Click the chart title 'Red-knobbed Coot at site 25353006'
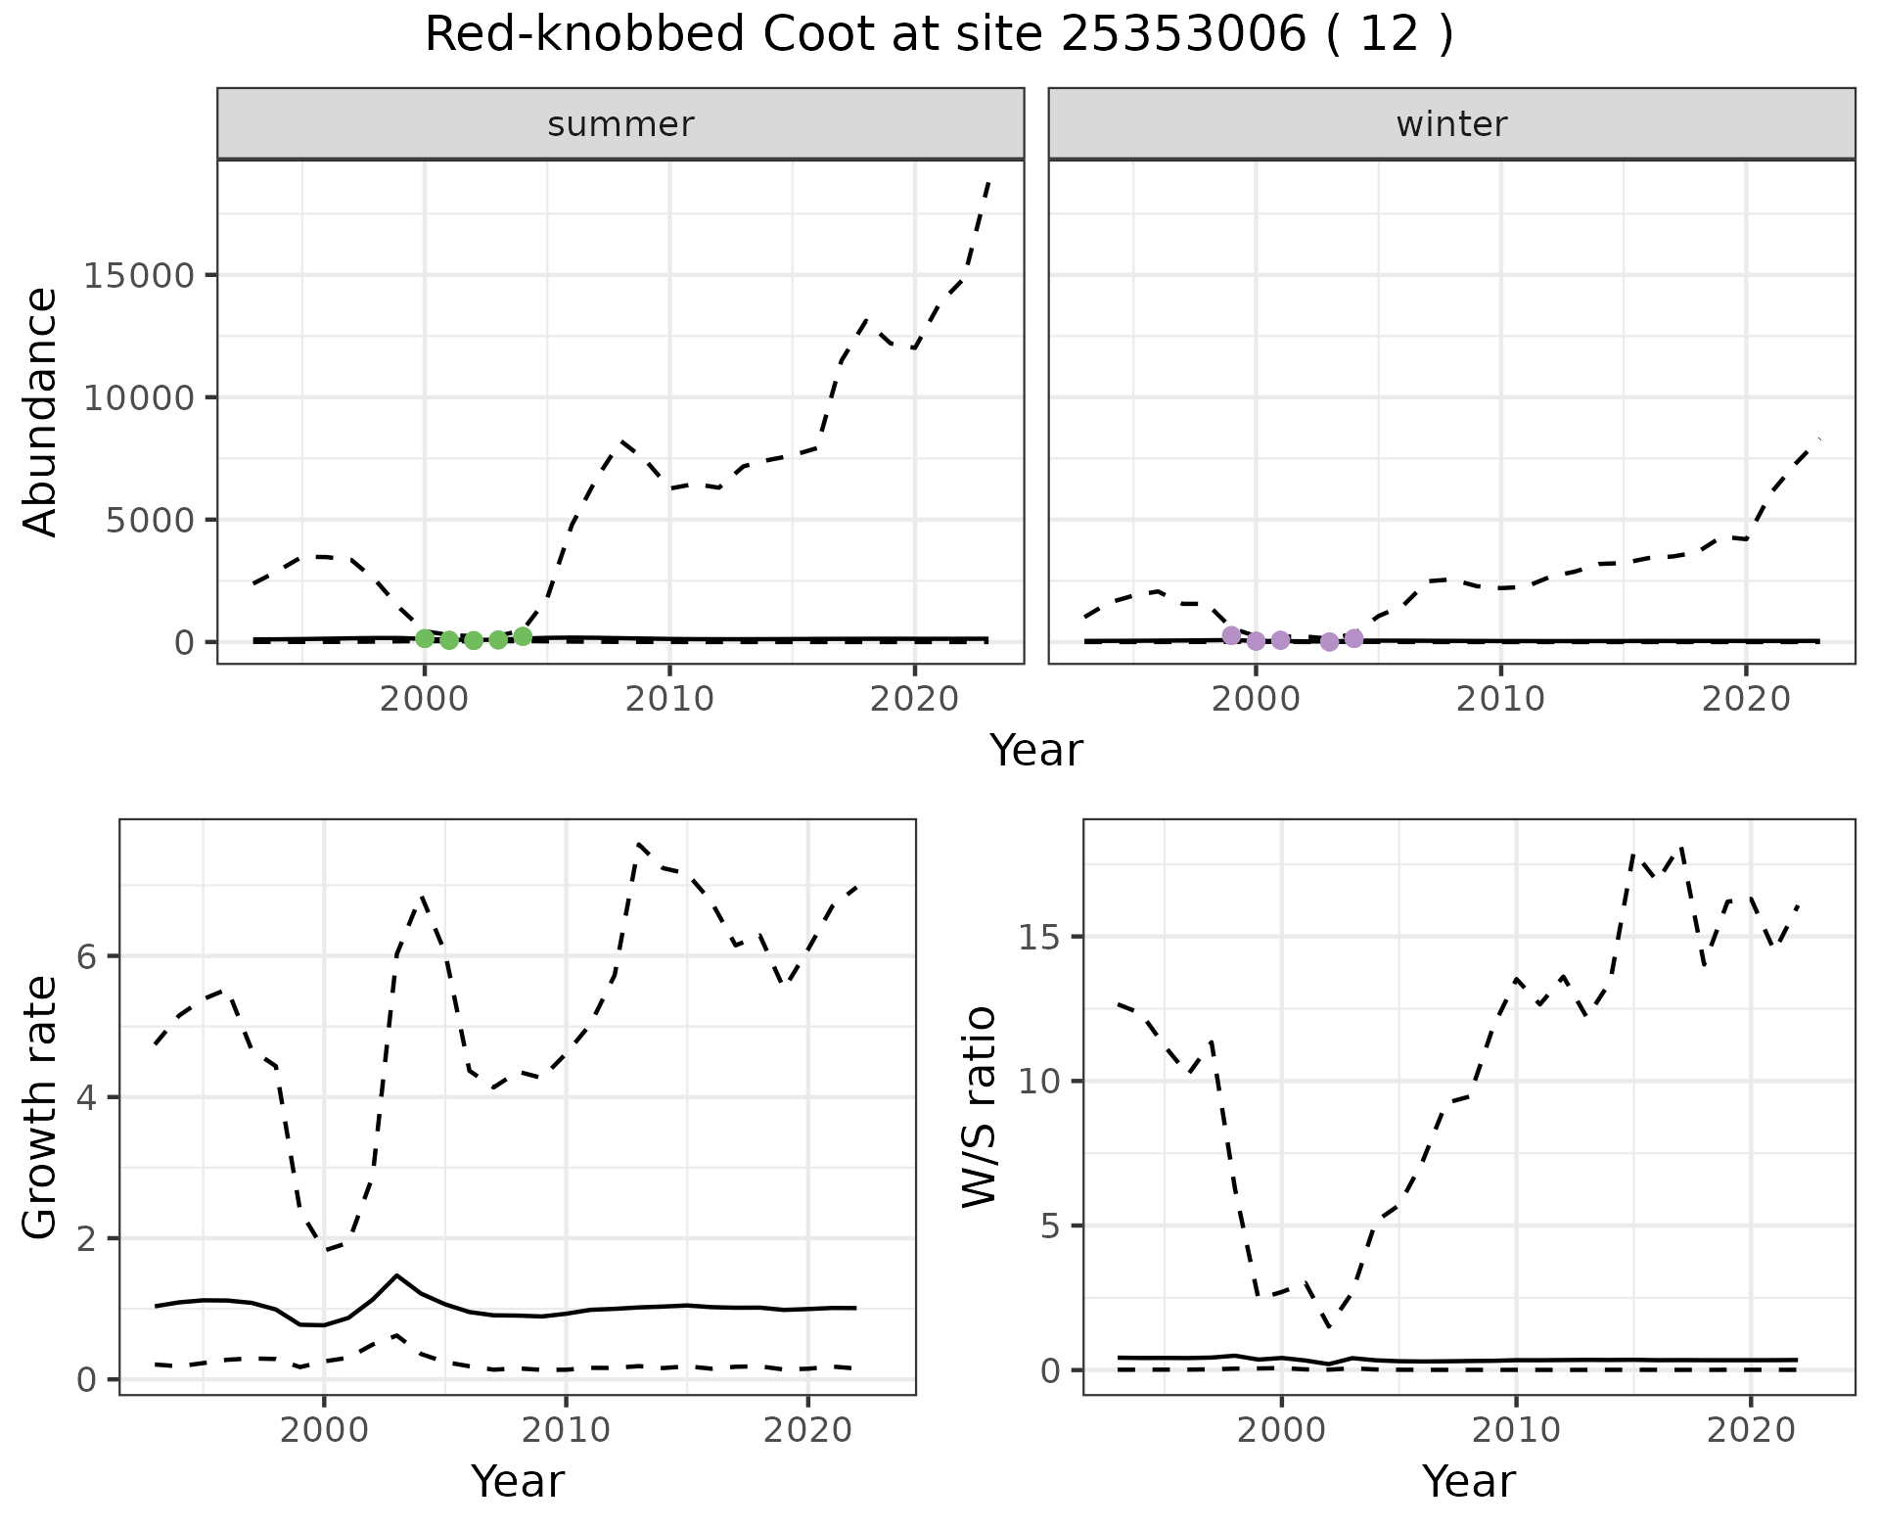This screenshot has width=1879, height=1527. [938, 35]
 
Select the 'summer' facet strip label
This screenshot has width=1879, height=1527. [620, 124]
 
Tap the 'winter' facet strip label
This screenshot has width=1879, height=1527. [1451, 124]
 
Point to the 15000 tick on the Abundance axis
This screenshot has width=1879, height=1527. [137, 275]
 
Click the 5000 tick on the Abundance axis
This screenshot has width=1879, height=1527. [149, 520]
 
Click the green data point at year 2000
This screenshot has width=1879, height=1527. [425, 638]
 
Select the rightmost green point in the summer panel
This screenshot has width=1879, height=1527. [523, 636]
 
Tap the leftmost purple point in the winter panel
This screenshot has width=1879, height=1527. [1231, 635]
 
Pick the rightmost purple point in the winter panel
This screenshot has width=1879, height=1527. [1354, 638]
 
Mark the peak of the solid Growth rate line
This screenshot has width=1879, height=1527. [396, 1274]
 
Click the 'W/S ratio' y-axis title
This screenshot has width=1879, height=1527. [979, 1106]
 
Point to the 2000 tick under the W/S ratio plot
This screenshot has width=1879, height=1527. [1281, 1430]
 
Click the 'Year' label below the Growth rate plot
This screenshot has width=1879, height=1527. [518, 1481]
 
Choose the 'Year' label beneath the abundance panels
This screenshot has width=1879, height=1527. [1036, 751]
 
